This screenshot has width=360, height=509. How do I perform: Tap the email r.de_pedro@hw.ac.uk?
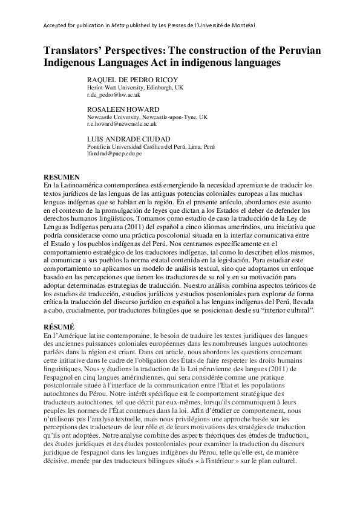(114, 95)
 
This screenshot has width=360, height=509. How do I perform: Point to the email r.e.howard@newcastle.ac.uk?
(122, 124)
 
